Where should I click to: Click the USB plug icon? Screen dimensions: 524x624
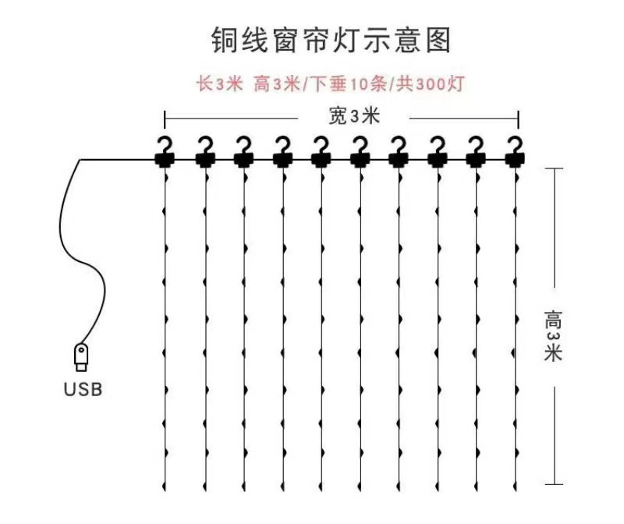tap(81, 356)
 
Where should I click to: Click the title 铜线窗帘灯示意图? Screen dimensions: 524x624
tap(331, 40)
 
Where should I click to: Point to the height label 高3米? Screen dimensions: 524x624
tap(554, 335)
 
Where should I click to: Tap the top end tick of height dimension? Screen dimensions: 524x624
tap(554, 167)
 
